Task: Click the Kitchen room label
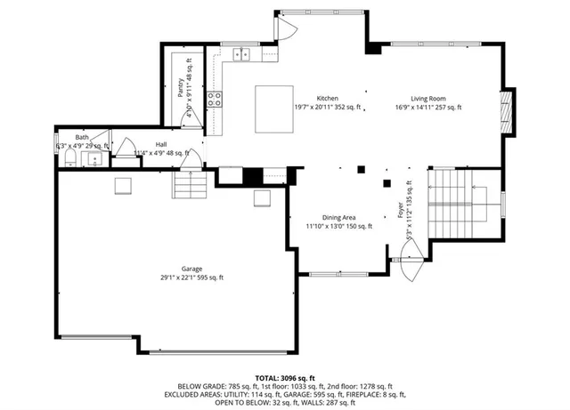328,99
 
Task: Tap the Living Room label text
427,99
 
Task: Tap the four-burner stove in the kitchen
215,99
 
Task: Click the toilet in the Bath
69,159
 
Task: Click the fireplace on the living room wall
507,111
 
